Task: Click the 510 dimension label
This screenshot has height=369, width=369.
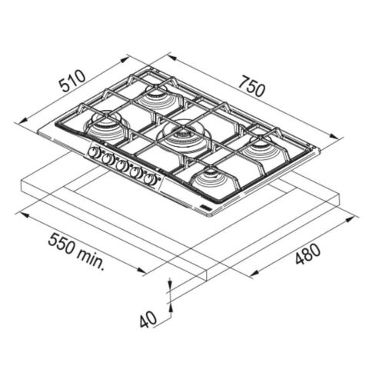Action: pos(72,81)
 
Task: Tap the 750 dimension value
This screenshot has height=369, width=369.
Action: pos(251,86)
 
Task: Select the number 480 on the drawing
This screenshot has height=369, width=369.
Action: pos(308,254)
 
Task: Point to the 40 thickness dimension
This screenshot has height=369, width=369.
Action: pos(148,319)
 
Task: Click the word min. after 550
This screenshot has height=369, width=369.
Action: pos(91,259)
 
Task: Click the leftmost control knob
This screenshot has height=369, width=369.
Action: pos(95,153)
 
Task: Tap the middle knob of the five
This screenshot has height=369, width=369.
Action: pos(122,166)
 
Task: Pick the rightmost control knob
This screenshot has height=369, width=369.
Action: pos(150,179)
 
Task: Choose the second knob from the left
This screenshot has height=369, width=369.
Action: pos(108,159)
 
